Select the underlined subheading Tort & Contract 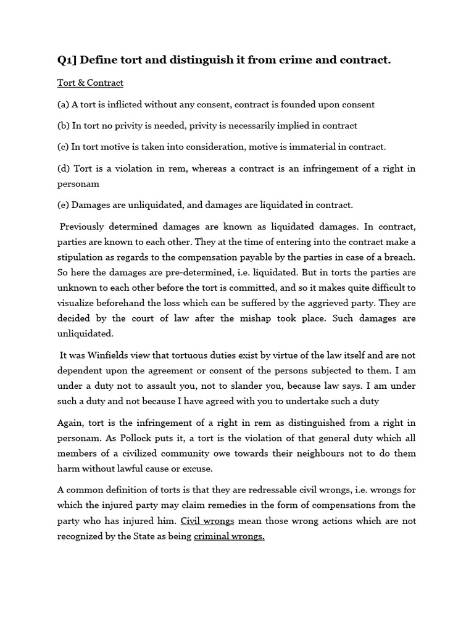pyautogui.click(x=90, y=83)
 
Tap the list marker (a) pyautogui.click(x=63, y=104)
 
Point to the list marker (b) pyautogui.click(x=64, y=125)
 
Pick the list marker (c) pyautogui.click(x=63, y=147)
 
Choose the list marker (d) pyautogui.click(x=64, y=168)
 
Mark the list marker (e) pyautogui.click(x=63, y=205)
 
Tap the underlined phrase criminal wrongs pyautogui.click(x=229, y=536)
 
